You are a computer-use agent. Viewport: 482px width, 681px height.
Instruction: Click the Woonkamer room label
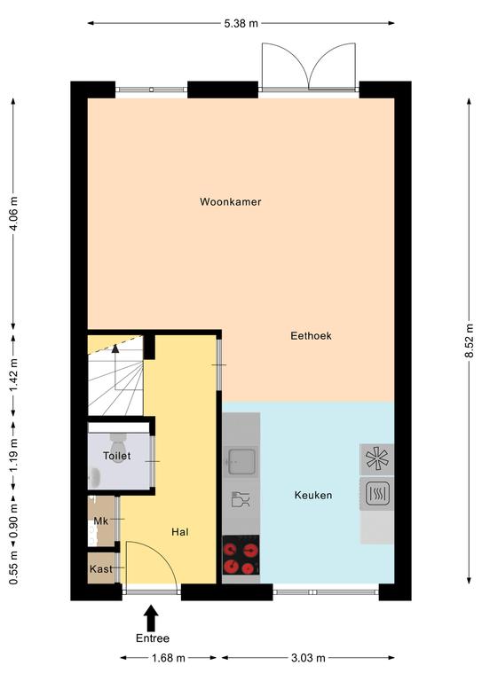coord(231,201)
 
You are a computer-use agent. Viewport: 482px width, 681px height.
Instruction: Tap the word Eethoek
coord(311,336)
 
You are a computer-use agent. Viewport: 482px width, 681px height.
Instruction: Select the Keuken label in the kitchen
coord(313,495)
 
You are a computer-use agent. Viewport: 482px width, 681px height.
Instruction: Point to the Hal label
coord(180,532)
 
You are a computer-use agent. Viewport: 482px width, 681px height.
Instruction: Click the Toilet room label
coord(117,456)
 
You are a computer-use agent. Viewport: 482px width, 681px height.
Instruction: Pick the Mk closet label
coord(101,521)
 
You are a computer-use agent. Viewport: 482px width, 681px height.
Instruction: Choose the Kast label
coord(101,569)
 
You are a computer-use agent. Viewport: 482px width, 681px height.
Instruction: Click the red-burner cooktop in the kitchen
coord(241,555)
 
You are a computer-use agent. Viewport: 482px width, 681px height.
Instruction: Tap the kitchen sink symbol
coord(241,461)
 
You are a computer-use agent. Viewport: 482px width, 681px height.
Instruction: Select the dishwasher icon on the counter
coord(241,499)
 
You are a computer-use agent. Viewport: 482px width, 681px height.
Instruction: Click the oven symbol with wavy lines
coord(377,494)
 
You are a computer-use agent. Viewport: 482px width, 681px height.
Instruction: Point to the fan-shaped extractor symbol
coord(377,459)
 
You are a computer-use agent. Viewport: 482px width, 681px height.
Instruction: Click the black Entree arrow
coord(151,618)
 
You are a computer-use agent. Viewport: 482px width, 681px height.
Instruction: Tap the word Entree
coord(153,638)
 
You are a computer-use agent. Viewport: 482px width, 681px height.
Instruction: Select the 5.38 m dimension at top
coord(241,23)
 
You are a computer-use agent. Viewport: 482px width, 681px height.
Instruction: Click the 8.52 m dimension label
coord(469,340)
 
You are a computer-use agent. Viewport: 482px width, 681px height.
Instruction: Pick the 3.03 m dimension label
coord(308,658)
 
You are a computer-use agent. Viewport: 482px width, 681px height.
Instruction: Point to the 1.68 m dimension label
coord(168,658)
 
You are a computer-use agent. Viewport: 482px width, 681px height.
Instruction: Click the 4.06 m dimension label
coord(13,214)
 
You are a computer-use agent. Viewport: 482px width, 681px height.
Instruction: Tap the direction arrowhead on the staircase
coord(115,348)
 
